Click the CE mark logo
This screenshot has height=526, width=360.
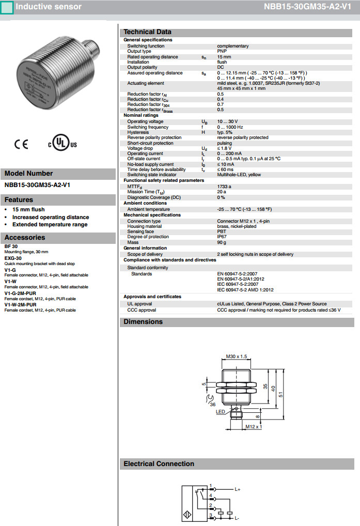[21, 145]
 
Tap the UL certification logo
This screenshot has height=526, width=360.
[62, 144]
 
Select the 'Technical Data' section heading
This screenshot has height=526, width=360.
[147, 32]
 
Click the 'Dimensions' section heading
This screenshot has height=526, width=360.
[143, 322]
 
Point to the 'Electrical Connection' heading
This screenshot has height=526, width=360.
[159, 464]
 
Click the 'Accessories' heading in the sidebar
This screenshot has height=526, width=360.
[25, 238]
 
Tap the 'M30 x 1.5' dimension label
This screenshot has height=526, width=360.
[237, 356]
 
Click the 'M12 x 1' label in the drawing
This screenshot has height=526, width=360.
[253, 427]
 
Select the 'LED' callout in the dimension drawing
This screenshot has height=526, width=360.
[221, 412]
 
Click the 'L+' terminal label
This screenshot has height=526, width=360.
[238, 489]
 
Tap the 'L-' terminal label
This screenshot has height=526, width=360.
[237, 518]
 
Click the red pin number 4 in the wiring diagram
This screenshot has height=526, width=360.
[211, 496]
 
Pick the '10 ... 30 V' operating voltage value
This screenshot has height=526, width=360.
[227, 122]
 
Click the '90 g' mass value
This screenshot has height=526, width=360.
[222, 242]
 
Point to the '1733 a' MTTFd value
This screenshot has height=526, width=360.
[224, 186]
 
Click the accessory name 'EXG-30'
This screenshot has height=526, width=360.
[13, 258]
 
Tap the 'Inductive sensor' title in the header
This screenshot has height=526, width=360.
[49, 7]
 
